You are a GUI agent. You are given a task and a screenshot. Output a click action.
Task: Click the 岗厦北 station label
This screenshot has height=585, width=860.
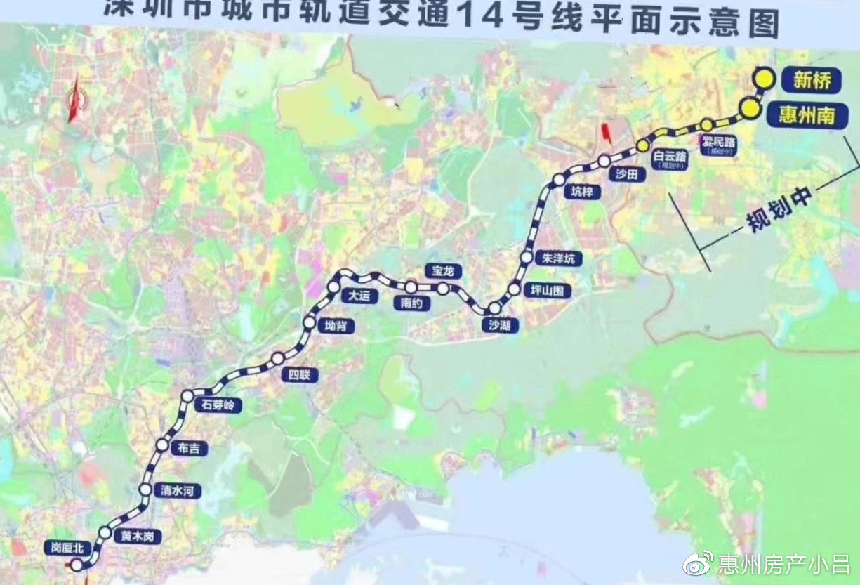click(67, 548)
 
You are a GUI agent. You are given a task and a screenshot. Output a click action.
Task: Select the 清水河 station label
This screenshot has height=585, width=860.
click(177, 491)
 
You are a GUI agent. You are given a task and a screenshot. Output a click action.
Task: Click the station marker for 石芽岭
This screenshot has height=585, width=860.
click(187, 396)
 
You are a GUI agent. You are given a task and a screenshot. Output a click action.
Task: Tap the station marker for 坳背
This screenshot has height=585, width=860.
click(310, 322)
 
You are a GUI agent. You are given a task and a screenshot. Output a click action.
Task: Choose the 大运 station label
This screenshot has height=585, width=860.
click(355, 296)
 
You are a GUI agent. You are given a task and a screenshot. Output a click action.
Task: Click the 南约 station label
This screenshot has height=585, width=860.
click(411, 303)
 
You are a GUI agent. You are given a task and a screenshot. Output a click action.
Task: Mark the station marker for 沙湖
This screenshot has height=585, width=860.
click(494, 308)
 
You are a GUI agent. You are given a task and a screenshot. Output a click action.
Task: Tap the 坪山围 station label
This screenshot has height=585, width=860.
click(550, 290)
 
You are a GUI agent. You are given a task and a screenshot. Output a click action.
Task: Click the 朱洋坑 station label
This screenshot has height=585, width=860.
click(559, 258)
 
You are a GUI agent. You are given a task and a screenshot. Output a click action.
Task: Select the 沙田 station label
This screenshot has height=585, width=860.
click(626, 176)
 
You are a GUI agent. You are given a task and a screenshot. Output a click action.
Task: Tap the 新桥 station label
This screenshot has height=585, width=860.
click(812, 81)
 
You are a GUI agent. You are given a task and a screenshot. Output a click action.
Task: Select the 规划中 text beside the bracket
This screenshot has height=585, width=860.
click(779, 210)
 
